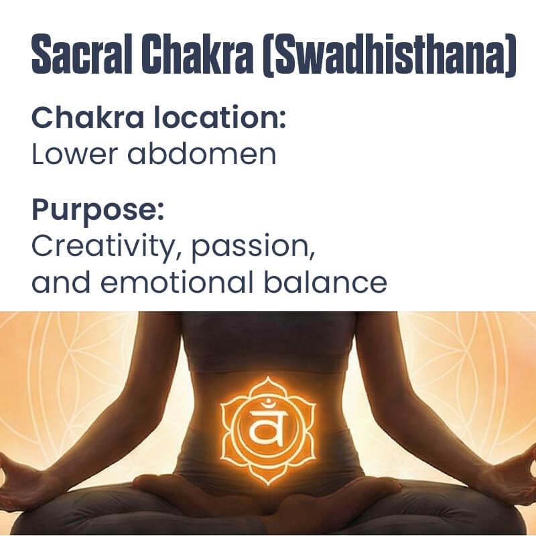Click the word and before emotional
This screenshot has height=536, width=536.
tap(60, 282)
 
